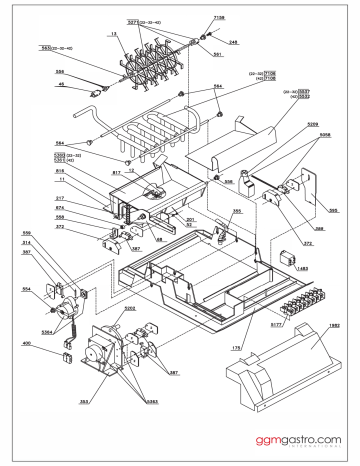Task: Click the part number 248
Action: click(x=233, y=42)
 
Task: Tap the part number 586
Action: click(x=59, y=72)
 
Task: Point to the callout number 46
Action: click(x=59, y=85)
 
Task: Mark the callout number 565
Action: click(x=333, y=211)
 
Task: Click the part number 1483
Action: click(x=302, y=269)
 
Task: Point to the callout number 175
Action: click(x=236, y=346)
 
